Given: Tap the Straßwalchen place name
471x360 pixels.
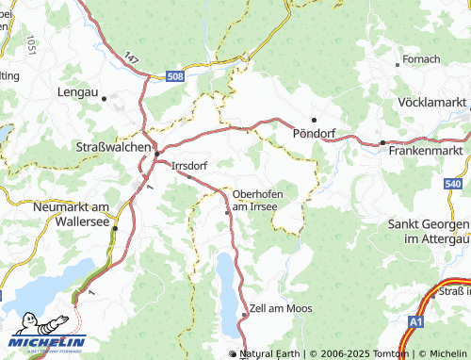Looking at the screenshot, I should (112, 147).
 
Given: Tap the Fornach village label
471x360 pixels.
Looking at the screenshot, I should (421, 59).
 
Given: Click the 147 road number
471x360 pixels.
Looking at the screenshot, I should (131, 58).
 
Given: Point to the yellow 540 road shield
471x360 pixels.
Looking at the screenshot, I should (453, 184).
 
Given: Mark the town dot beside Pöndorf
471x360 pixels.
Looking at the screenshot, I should (314, 120).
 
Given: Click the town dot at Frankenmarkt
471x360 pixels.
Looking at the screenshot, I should (382, 142).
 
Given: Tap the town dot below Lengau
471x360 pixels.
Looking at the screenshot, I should (105, 97).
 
